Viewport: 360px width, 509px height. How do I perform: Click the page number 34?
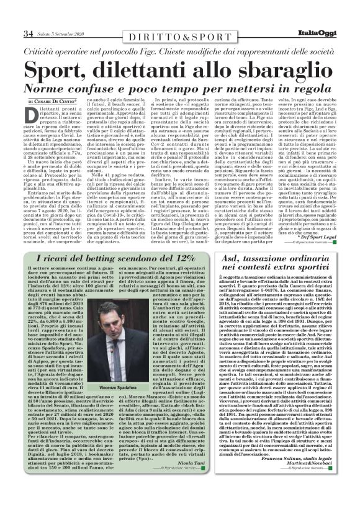coord(27,33)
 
